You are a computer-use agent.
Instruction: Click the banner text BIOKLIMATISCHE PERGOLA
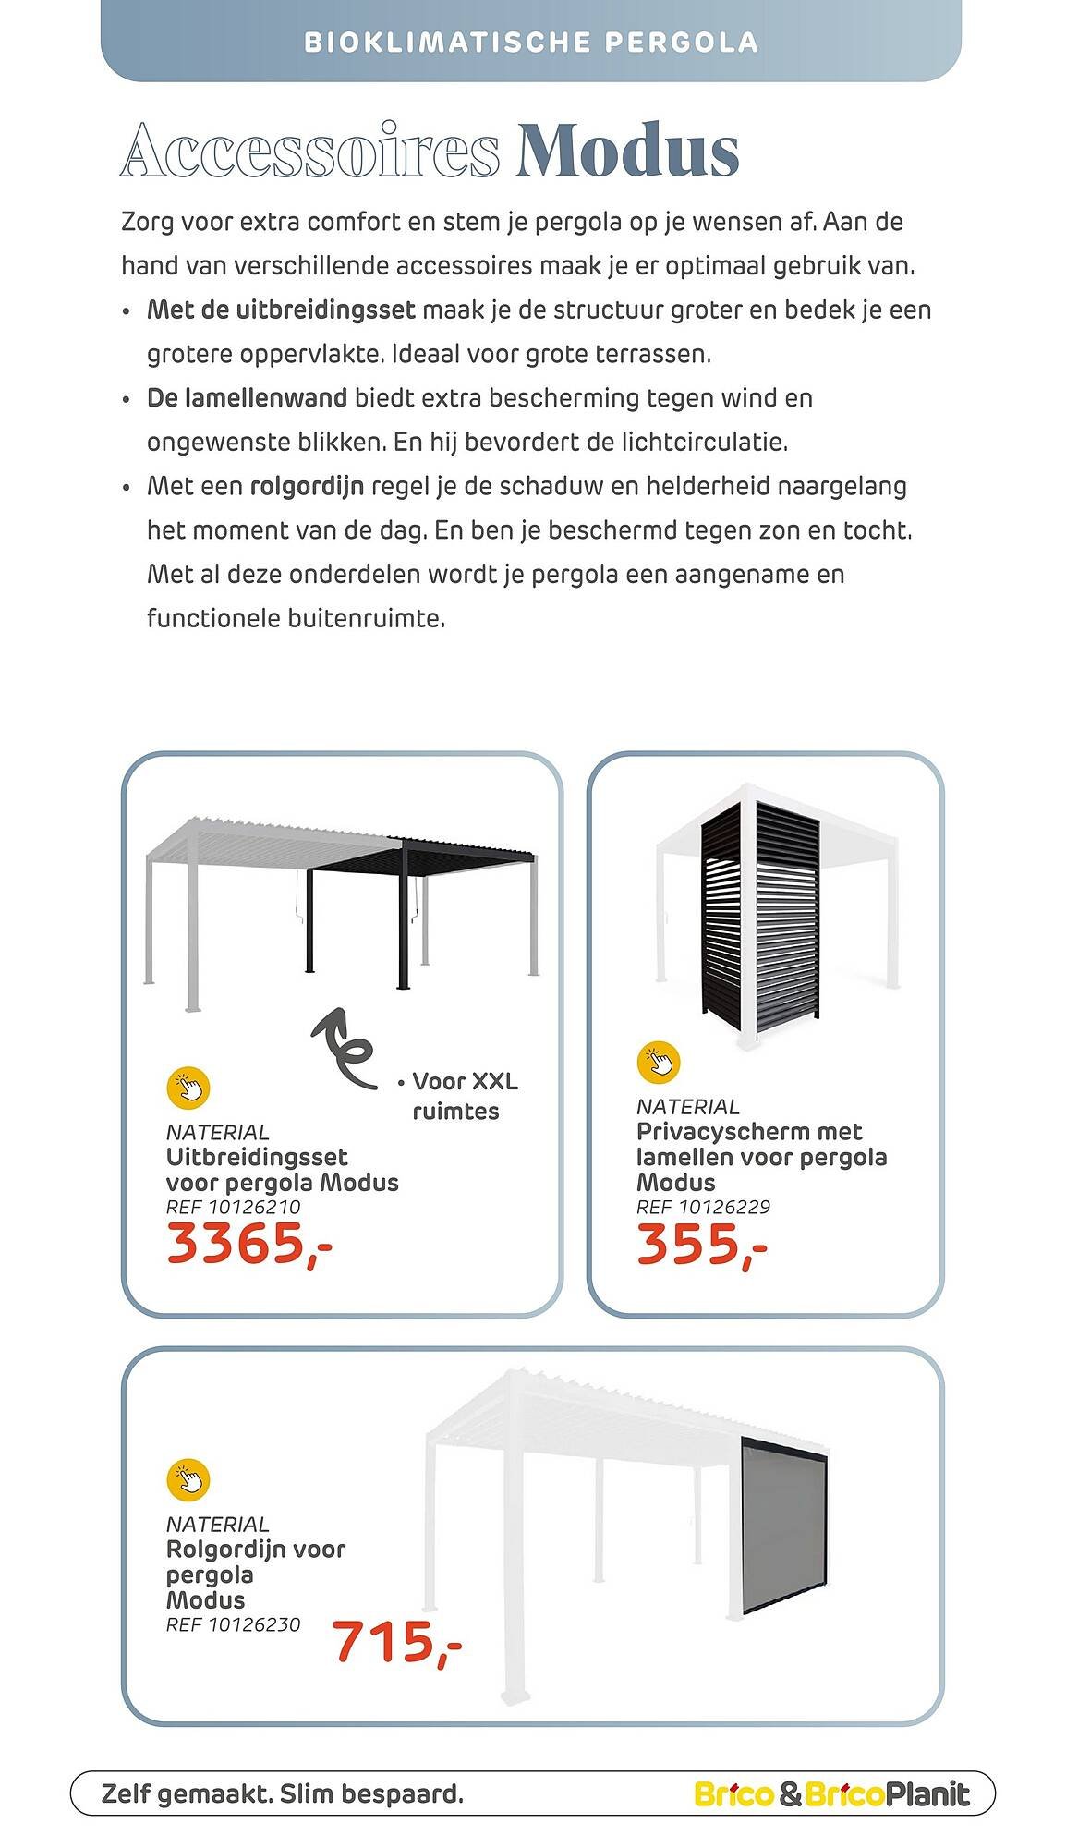click(x=531, y=43)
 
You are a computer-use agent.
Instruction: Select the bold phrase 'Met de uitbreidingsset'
click(x=281, y=310)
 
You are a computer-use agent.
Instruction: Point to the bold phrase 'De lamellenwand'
click(x=247, y=398)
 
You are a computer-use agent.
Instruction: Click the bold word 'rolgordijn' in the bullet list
click(x=307, y=486)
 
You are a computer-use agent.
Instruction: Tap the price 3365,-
click(x=248, y=1244)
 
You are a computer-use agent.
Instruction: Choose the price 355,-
click(x=701, y=1244)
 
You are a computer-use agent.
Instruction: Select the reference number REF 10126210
click(x=233, y=1207)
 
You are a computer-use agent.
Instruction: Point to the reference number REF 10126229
click(x=703, y=1207)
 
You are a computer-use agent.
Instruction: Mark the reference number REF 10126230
click(x=233, y=1624)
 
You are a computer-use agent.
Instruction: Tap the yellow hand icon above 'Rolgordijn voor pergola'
click(x=188, y=1479)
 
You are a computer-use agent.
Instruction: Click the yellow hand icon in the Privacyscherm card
click(x=658, y=1062)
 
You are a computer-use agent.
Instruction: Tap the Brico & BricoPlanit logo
click(x=831, y=1794)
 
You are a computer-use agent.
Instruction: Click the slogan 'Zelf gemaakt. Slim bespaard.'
click(x=283, y=1794)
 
